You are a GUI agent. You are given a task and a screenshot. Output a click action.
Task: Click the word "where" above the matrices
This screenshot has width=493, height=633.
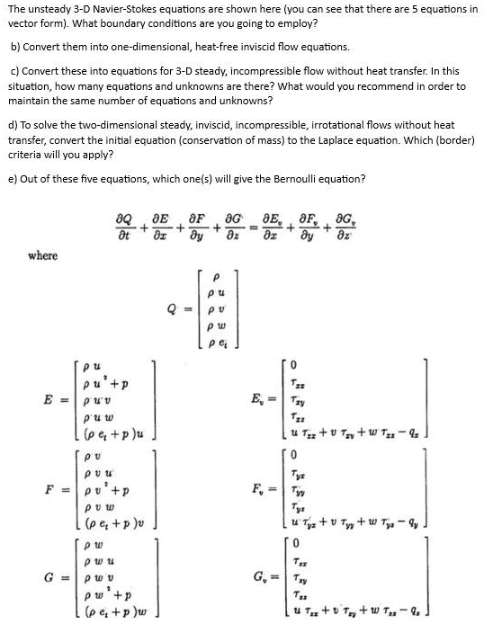tap(42, 255)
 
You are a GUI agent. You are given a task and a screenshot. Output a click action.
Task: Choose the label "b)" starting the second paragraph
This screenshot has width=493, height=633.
tap(15, 46)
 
